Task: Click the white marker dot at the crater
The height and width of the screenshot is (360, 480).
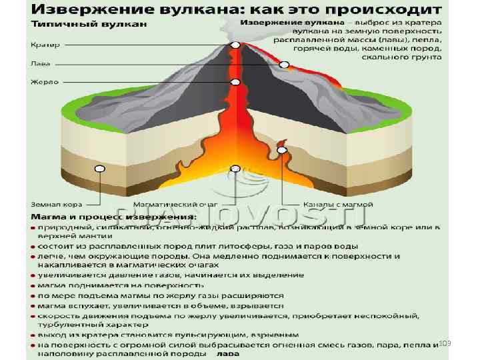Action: (235, 45)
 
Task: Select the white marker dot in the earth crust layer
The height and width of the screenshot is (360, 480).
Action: (99, 169)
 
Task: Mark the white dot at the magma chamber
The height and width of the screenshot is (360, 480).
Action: (235, 168)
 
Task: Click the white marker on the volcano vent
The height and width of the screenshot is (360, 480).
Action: (235, 83)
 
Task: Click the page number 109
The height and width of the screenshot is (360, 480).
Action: (445, 342)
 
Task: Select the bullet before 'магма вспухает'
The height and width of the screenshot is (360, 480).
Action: (33, 305)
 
